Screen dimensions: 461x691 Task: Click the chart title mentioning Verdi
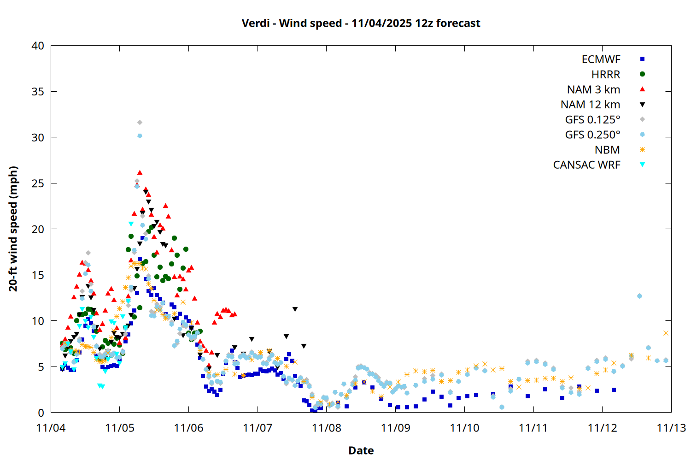click(361, 23)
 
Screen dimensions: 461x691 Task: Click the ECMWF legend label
click(601, 59)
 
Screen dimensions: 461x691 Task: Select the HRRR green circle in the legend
click(642, 74)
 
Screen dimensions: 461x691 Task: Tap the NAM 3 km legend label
click(593, 89)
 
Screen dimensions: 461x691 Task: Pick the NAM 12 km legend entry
click(590, 105)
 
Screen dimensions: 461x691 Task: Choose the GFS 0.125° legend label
click(592, 120)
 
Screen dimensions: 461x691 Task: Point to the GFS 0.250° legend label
click(592, 135)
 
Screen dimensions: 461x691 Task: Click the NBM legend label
click(607, 150)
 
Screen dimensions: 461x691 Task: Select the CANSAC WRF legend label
click(586, 165)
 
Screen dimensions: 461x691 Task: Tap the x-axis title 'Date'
click(361, 450)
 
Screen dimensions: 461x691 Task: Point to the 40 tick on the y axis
click(38, 46)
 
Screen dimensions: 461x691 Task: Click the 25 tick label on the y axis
click(38, 183)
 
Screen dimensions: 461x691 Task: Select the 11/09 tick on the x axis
click(395, 428)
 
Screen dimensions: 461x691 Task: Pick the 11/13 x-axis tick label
click(671, 428)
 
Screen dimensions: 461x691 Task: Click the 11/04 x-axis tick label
click(51, 428)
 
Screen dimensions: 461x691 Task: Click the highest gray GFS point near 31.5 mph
click(140, 122)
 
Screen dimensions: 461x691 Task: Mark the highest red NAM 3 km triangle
click(140, 173)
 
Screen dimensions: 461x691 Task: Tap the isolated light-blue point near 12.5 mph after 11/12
click(639, 296)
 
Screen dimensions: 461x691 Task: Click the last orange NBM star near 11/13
click(666, 333)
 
